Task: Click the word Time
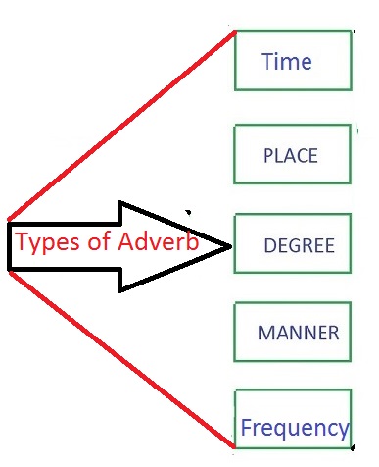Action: click(287, 62)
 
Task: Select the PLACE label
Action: click(291, 155)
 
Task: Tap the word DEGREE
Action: click(300, 244)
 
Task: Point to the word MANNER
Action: click(298, 333)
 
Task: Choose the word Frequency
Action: click(295, 428)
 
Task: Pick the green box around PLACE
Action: click(293, 132)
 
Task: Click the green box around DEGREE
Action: click(293, 222)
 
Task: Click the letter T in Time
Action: click(268, 62)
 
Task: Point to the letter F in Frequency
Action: click(246, 428)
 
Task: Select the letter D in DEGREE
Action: click(270, 244)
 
